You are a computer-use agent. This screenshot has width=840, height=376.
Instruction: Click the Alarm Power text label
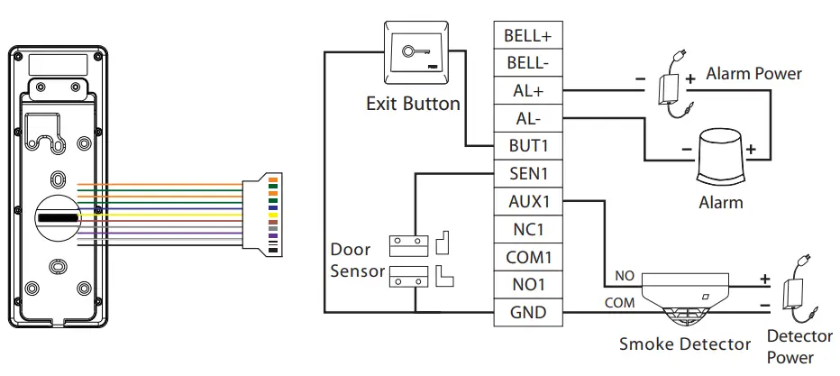(753, 73)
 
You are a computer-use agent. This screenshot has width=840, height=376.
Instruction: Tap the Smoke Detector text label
(684, 344)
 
